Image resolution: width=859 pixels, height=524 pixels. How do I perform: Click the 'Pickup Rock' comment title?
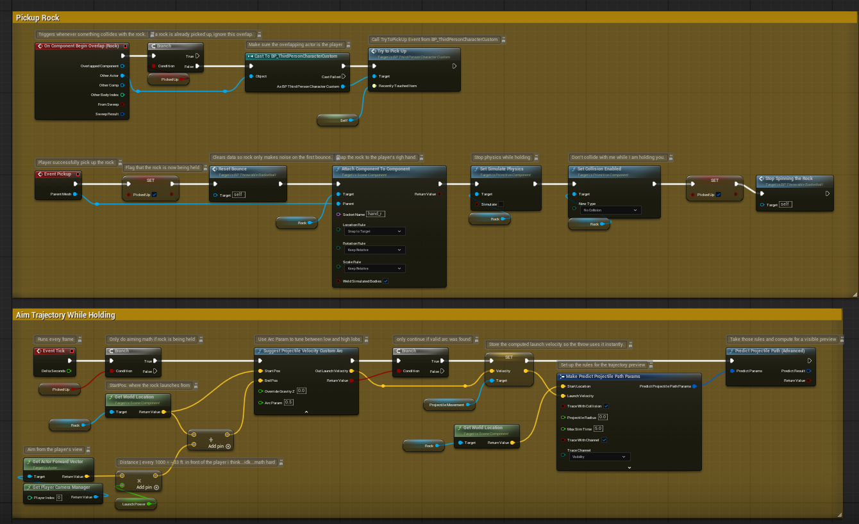click(38, 18)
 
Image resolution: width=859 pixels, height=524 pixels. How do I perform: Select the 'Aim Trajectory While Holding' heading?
click(65, 315)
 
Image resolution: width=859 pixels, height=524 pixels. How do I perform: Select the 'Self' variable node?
click(338, 120)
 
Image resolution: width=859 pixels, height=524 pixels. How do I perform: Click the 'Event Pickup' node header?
click(58, 174)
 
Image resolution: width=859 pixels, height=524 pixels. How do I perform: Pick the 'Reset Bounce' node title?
click(234, 169)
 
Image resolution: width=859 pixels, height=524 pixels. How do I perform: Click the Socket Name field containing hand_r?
click(376, 214)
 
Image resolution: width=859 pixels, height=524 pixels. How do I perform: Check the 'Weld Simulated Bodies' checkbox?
click(386, 281)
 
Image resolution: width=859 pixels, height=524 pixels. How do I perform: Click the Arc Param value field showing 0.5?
click(289, 402)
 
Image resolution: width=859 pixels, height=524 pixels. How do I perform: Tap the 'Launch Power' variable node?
click(135, 504)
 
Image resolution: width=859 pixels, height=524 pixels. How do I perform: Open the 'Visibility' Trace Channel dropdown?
click(598, 457)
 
